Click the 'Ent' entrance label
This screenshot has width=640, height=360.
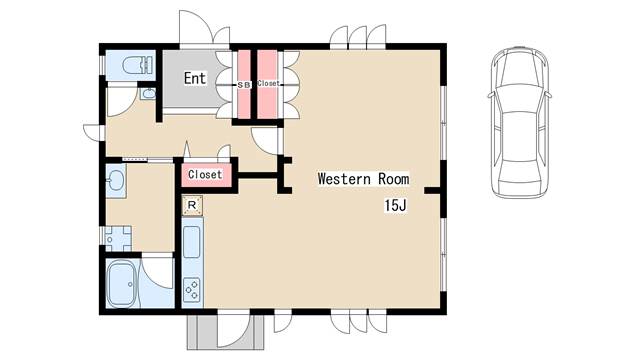click(195, 78)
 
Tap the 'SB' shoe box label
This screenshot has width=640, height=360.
click(244, 85)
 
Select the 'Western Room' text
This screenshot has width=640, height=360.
click(363, 179)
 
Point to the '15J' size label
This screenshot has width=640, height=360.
click(395, 205)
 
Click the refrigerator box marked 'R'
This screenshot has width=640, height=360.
click(192, 205)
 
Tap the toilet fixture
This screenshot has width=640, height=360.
click(138, 65)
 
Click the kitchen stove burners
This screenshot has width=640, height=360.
click(192, 289)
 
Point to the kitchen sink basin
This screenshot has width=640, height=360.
click(191, 242)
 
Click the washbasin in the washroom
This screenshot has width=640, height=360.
click(115, 181)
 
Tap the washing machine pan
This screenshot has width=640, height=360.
click(118, 239)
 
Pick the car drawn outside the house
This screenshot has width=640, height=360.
click(519, 122)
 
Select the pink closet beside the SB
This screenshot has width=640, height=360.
click(267, 84)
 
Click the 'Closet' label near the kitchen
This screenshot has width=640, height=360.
click(205, 174)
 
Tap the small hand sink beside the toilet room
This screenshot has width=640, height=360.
click(148, 94)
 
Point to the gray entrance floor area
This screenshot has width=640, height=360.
click(194, 78)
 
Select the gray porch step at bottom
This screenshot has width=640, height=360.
click(226, 332)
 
